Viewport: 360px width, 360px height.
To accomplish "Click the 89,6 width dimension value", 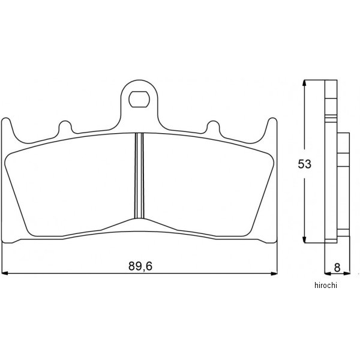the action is click(140, 266).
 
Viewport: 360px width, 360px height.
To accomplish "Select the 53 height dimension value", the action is click(304, 164).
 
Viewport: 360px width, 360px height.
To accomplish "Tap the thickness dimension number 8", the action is click(337, 268).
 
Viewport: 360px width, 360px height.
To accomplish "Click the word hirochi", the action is click(326, 286).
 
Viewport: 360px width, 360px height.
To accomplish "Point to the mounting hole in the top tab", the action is click(139, 99).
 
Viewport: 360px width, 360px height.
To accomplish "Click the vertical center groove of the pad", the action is click(139, 176).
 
